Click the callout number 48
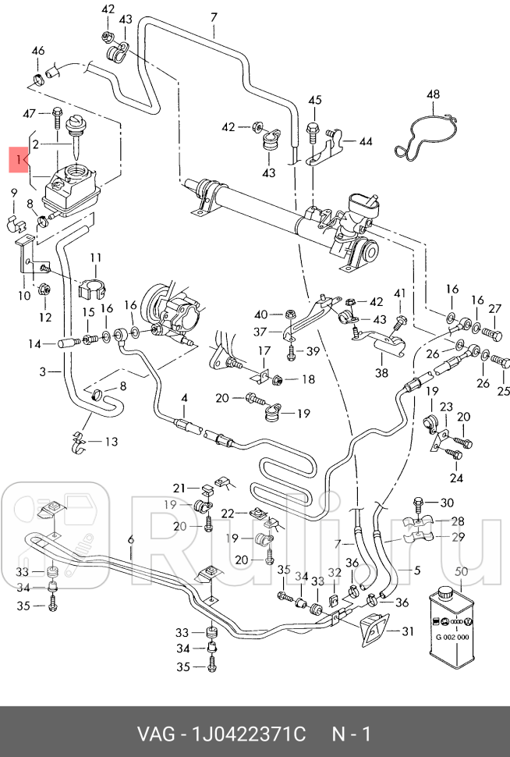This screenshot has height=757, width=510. [434, 95]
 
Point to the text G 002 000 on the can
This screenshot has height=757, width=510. [452, 637]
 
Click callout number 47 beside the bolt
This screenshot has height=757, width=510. [30, 114]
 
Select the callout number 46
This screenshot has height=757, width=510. [37, 52]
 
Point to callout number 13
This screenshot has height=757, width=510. [111, 442]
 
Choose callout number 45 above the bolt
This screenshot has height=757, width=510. [314, 101]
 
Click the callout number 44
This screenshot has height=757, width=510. [365, 142]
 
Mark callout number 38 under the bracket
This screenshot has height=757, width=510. [381, 373]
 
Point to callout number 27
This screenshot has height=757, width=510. [494, 310]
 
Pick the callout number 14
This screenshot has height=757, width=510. [35, 343]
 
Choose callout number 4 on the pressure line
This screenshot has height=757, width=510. [184, 398]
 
